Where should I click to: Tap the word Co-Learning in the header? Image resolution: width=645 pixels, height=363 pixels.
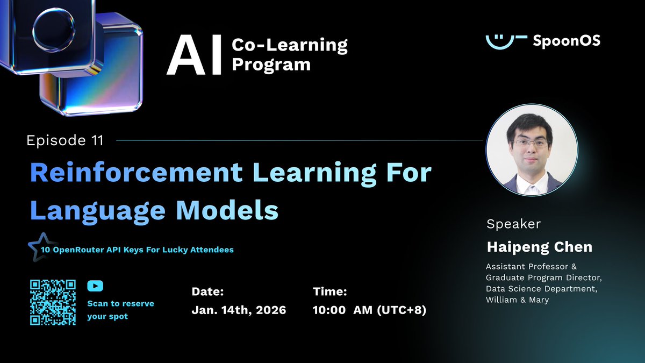289,45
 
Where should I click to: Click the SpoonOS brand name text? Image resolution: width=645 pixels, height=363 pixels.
566,41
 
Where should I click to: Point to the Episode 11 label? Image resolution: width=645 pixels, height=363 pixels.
64,141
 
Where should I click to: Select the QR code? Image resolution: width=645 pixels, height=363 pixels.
52,302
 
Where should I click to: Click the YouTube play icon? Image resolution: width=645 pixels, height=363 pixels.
95,287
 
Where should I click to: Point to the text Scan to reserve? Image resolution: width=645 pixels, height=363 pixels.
120,303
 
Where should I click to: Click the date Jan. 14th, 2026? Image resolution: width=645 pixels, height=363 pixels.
239,310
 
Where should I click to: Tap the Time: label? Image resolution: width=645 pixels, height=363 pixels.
329,291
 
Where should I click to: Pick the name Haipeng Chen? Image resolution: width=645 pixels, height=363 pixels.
539,247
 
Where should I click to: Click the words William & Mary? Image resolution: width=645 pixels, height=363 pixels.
517,300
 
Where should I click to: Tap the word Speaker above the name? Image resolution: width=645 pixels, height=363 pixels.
513,224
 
